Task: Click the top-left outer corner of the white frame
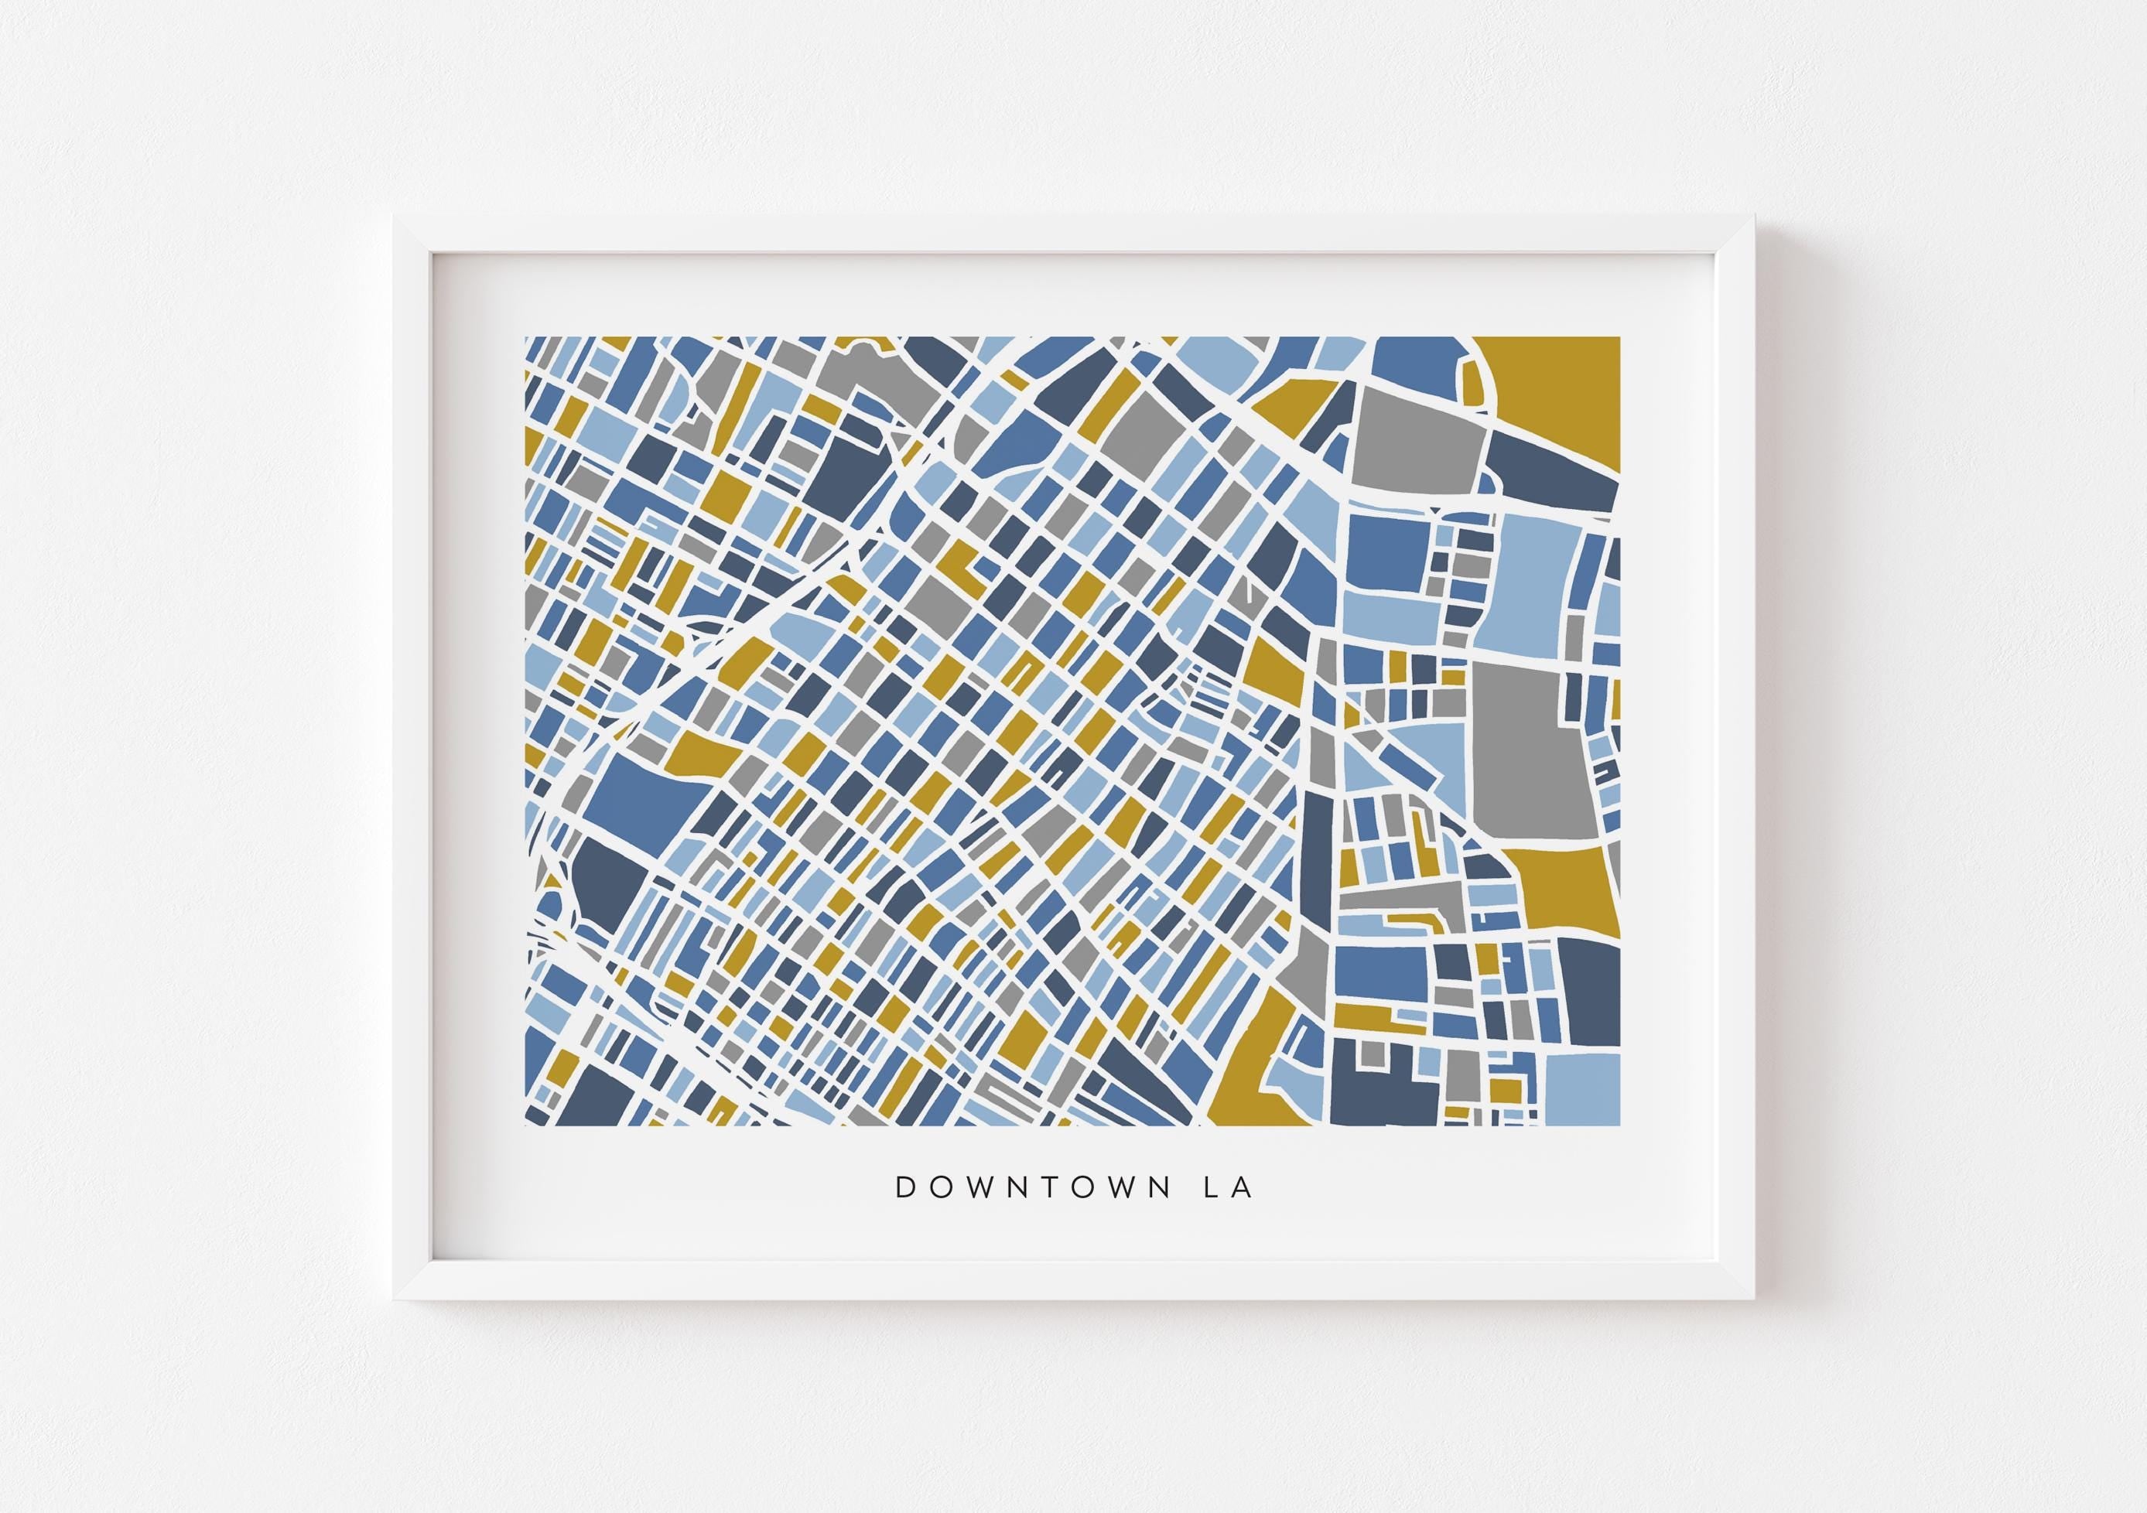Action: point(393,216)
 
